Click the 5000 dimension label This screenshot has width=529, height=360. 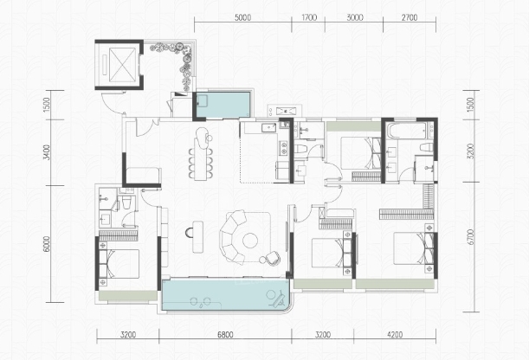[x=242, y=17]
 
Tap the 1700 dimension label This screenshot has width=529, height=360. [x=309, y=17]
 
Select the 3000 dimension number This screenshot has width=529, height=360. [x=355, y=17]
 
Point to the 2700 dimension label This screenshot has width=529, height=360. [x=410, y=17]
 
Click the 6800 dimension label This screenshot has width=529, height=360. [x=225, y=335]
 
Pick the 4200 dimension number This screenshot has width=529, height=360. [x=395, y=335]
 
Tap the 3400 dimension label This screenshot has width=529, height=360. [x=47, y=152]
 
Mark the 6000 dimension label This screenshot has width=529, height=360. [x=47, y=244]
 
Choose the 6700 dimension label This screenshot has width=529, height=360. [x=471, y=237]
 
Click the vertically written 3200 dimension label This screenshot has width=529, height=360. [x=471, y=151]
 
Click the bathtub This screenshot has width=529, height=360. [x=406, y=132]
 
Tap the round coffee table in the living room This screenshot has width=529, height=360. [x=250, y=241]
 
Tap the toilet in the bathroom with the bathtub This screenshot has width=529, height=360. [x=427, y=147]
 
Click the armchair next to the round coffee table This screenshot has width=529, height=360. [x=270, y=258]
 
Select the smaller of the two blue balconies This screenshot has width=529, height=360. [x=223, y=105]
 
